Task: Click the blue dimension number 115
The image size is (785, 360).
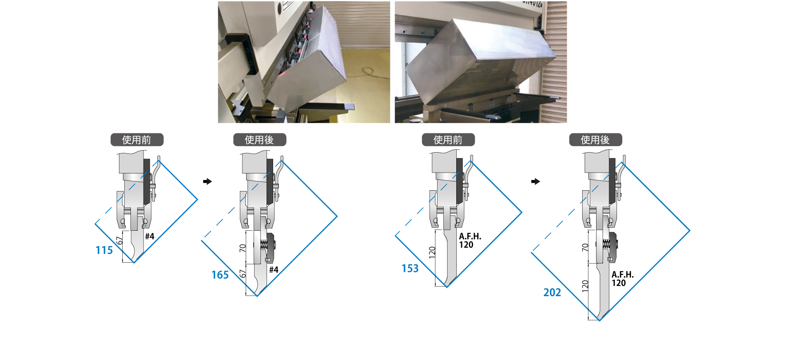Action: click(104, 250)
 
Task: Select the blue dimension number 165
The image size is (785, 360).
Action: click(220, 275)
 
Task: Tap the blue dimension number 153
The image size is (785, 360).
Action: click(410, 268)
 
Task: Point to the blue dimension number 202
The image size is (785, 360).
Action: click(552, 292)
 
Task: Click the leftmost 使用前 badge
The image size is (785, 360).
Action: click(137, 140)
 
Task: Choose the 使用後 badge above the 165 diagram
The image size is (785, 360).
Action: click(260, 140)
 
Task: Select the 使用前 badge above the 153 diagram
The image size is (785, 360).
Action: click(448, 140)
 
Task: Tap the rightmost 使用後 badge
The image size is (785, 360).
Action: click(596, 140)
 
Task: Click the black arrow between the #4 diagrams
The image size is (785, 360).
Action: click(208, 181)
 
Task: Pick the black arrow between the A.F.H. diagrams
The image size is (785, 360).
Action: click(536, 181)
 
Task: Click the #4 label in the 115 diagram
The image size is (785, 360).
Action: click(150, 236)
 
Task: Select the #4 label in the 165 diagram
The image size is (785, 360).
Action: click(274, 270)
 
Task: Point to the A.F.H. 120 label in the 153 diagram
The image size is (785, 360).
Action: click(470, 241)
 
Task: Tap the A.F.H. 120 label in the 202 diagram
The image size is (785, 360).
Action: click(623, 279)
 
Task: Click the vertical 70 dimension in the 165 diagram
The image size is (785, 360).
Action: click(242, 248)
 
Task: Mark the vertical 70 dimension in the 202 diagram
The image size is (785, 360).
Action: click(585, 248)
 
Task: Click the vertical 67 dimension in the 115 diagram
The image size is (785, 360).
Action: click(119, 241)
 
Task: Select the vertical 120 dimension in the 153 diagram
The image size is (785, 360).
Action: click(432, 252)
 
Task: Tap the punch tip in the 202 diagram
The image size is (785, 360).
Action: click(599, 318)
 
